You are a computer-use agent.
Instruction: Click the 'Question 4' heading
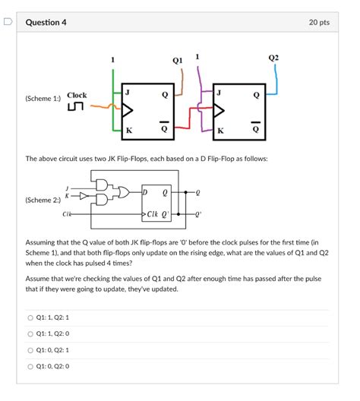pos(46,23)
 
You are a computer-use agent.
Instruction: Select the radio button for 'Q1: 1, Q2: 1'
pos(30,317)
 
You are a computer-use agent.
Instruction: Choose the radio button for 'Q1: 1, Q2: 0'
pos(30,333)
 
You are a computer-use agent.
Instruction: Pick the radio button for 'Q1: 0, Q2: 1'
pos(30,349)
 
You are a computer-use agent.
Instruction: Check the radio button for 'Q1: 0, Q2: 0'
pos(30,366)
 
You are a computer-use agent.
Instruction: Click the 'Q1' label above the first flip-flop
pos(177,59)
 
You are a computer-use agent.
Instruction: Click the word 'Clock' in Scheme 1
pos(77,96)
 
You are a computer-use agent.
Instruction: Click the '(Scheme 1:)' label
pos(43,99)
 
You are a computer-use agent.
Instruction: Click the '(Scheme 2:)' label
pos(43,200)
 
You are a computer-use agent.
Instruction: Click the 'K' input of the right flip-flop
pos(220,131)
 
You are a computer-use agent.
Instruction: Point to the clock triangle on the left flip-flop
pos(127,112)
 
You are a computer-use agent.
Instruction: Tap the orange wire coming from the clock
pos(99,108)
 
